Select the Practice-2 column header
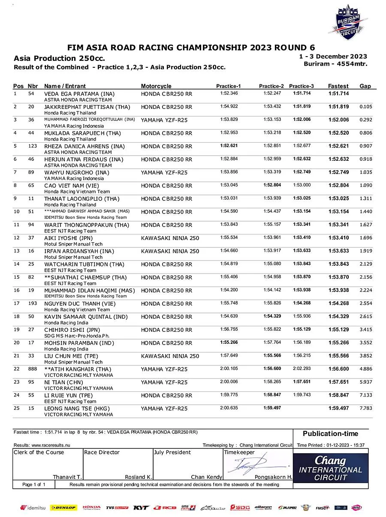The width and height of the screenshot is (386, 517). click(x=271, y=86)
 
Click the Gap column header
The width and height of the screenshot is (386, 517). click(x=365, y=86)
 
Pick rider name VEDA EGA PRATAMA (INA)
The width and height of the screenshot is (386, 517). click(x=79, y=93)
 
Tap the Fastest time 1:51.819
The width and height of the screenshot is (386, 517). click(x=338, y=107)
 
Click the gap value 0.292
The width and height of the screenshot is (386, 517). click(x=366, y=120)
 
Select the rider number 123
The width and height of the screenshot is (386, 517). click(x=31, y=146)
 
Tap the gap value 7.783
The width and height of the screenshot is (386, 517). click(x=366, y=409)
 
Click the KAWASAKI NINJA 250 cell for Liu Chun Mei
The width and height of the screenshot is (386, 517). click(x=170, y=356)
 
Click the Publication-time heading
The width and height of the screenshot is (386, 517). click(x=330, y=433)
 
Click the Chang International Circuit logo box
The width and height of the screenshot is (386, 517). click(x=330, y=467)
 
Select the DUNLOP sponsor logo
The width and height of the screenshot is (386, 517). click(x=63, y=508)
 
